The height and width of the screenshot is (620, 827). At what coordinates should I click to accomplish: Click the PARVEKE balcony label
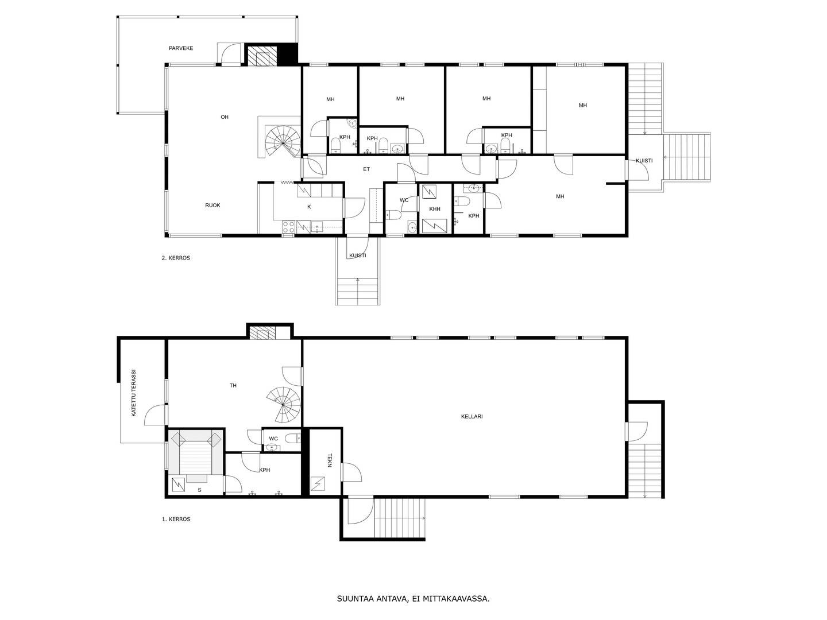tap(181, 48)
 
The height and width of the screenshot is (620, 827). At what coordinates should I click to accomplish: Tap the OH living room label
tap(225, 117)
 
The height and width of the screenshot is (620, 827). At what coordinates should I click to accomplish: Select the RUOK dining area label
tap(212, 205)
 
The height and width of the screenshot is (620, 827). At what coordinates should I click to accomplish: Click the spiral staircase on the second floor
tap(283, 142)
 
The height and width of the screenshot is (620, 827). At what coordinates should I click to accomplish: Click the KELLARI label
tap(472, 416)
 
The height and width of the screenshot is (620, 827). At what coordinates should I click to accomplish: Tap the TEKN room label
tap(329, 460)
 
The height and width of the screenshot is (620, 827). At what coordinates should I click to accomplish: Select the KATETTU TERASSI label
tap(134, 393)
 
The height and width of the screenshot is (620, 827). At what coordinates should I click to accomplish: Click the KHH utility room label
tap(435, 209)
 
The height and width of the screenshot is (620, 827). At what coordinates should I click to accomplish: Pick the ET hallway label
tap(366, 169)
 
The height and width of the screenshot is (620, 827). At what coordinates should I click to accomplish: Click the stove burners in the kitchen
tap(289, 227)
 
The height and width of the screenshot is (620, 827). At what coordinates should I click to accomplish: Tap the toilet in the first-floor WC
tap(293, 438)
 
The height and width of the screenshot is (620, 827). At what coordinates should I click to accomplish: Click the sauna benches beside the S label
tap(195, 454)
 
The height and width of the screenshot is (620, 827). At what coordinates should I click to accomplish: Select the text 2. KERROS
tap(176, 258)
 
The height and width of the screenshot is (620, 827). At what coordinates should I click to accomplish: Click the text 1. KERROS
tap(176, 519)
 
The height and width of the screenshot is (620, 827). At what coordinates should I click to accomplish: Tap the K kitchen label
tap(309, 207)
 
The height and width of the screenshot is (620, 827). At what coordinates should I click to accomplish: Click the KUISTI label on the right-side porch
tap(644, 161)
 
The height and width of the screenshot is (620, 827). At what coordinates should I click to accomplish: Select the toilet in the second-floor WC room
tap(393, 215)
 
